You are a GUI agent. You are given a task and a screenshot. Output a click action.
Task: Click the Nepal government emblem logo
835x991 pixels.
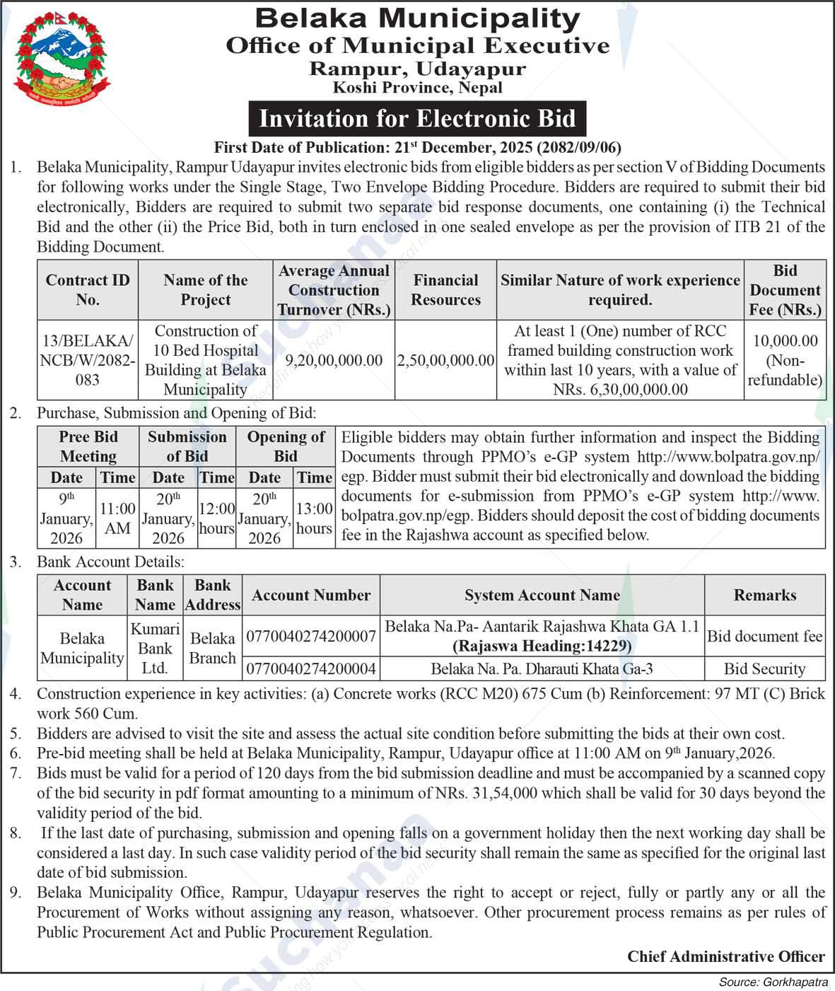coord(62,58)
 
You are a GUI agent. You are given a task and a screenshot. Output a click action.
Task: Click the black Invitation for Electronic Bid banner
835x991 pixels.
coord(417,118)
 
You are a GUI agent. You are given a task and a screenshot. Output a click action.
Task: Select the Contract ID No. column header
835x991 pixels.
coord(88,290)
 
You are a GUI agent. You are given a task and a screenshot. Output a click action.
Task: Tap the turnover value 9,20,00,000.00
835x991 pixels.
coord(334,360)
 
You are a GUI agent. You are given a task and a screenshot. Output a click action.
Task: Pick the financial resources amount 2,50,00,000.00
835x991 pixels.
coord(445,360)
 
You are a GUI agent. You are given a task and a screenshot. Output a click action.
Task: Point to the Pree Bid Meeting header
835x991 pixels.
coord(88,446)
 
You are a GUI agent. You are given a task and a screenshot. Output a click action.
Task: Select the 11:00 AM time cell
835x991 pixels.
coord(117,518)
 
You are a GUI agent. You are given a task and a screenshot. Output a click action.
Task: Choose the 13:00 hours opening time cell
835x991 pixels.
coord(314,518)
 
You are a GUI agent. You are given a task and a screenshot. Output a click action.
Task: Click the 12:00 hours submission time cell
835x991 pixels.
coord(216,518)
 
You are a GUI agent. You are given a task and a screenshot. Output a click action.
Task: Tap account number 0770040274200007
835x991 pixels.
coord(311,637)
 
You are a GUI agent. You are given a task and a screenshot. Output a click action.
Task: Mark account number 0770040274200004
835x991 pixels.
coord(311,668)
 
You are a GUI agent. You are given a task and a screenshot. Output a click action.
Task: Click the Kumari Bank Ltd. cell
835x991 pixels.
coord(155,648)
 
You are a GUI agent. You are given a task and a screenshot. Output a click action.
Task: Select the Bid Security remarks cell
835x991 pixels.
coord(764,668)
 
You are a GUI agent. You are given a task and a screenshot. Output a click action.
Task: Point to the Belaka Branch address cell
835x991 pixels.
coord(212,648)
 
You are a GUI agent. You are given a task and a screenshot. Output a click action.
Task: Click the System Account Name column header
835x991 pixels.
coord(542,596)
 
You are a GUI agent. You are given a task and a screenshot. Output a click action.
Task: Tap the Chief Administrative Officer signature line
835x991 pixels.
coord(725,957)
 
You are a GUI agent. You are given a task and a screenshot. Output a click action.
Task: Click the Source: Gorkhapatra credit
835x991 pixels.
coord(772,983)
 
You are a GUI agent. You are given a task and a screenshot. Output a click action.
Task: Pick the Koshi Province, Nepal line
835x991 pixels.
coord(417,88)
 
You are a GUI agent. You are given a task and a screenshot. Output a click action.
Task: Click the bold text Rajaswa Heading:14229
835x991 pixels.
coord(542,646)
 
